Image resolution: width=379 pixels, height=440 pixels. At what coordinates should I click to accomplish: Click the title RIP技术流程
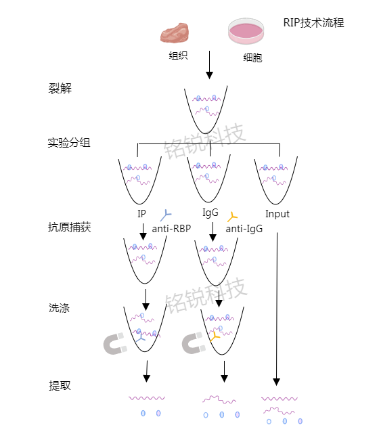click(x=313, y=23)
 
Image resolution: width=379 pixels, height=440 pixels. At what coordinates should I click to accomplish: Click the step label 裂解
click(x=60, y=89)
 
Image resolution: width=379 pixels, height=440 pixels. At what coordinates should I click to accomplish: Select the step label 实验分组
click(x=69, y=143)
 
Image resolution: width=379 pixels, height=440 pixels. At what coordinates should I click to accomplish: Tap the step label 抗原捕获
click(x=69, y=227)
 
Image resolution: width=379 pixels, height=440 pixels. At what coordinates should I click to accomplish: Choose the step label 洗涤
click(x=60, y=308)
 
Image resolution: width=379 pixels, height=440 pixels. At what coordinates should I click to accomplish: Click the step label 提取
click(x=60, y=386)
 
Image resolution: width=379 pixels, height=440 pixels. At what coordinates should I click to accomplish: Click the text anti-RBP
click(x=171, y=229)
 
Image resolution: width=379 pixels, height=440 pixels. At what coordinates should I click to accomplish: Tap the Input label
click(x=277, y=214)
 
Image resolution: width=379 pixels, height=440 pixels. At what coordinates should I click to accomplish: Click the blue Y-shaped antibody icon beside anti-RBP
click(x=165, y=215)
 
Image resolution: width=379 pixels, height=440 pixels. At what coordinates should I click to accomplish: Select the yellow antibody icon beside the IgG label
click(x=232, y=216)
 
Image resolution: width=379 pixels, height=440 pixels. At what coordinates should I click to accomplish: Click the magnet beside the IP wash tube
click(x=116, y=344)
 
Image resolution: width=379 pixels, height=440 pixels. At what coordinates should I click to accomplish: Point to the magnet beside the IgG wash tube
click(x=194, y=344)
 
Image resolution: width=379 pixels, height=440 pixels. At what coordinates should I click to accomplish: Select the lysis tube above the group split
click(x=209, y=108)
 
